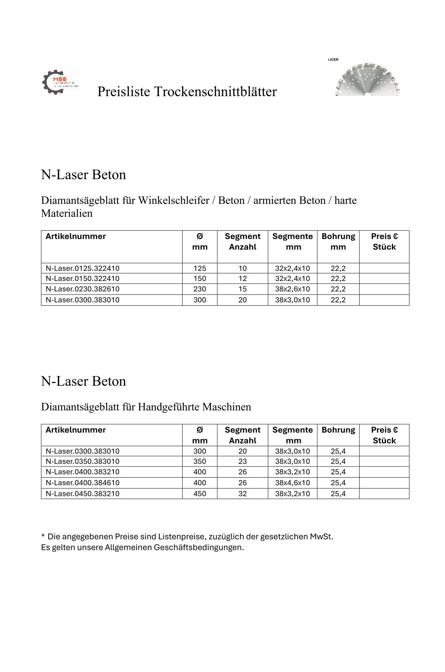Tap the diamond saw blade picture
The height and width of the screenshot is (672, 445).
point(368,79)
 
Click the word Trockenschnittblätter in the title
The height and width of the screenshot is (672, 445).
point(215,92)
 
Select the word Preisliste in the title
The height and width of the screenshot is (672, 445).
point(124,92)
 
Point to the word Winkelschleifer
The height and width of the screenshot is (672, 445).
point(174,200)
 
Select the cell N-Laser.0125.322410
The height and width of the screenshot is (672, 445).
point(83,268)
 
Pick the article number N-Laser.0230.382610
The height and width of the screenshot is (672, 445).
point(83,289)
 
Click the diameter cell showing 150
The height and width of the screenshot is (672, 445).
point(200,279)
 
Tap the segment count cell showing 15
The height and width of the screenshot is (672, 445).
point(242,289)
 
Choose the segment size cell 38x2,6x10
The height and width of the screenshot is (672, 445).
point(292,289)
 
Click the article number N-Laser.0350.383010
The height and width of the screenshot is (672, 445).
point(83,461)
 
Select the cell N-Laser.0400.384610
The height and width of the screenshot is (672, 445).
point(83,483)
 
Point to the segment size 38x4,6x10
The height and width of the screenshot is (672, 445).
point(292,483)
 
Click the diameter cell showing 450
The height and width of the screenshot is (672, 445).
point(200,494)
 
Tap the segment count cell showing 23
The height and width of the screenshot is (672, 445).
point(242,461)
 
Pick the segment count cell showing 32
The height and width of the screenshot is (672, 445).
point(242,494)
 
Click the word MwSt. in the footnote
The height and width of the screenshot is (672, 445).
point(322,537)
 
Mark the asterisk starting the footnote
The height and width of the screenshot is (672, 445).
point(43,536)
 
